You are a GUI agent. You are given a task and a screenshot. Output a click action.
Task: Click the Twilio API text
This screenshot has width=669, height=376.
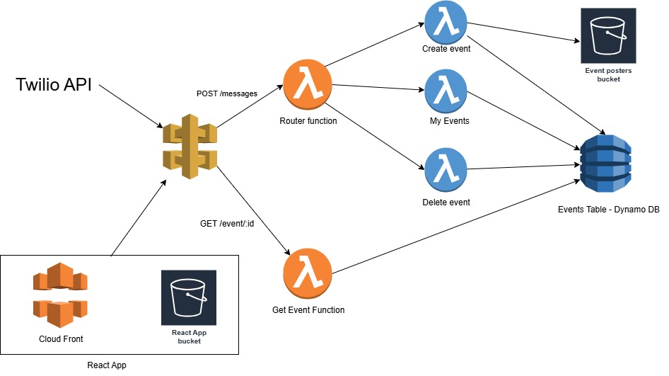click(54, 86)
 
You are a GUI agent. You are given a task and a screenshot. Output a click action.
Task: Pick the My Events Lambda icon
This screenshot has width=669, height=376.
click(446, 92)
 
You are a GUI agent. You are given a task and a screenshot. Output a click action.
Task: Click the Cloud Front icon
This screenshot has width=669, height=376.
click(60, 294)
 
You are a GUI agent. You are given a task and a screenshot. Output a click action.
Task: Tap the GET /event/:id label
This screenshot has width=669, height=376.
click(228, 224)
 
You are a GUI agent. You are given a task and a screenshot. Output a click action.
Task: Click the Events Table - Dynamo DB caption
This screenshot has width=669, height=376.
click(607, 209)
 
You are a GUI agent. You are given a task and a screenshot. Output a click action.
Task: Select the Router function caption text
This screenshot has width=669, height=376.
click(308, 121)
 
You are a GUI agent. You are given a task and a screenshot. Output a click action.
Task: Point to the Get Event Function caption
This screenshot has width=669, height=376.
click(308, 310)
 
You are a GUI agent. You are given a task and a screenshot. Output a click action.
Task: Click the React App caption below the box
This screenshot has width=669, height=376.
click(107, 365)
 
